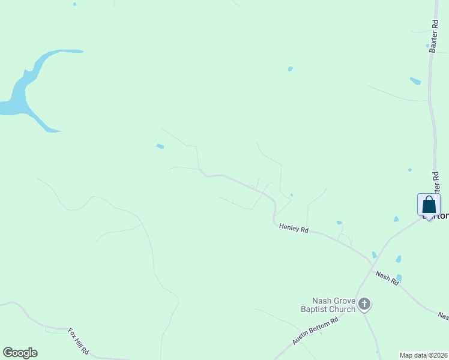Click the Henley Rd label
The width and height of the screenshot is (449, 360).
(x=294, y=228)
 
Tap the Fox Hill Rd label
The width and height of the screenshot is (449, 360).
(x=79, y=341)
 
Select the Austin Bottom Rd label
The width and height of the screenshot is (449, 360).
(x=316, y=331)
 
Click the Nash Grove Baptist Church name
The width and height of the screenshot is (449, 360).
(x=333, y=305)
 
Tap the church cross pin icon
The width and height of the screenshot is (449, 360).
(x=364, y=305)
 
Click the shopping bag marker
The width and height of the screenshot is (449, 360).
(x=429, y=205)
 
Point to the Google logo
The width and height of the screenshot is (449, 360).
(x=20, y=353)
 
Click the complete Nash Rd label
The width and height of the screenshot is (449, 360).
(x=387, y=278)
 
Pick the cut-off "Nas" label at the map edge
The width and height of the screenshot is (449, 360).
(x=443, y=316)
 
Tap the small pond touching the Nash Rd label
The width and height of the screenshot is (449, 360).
(x=399, y=278)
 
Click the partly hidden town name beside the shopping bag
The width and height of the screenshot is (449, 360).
(x=442, y=216)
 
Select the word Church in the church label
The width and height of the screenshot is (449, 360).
(x=340, y=309)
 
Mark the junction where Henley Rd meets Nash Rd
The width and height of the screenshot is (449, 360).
(x=372, y=263)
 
